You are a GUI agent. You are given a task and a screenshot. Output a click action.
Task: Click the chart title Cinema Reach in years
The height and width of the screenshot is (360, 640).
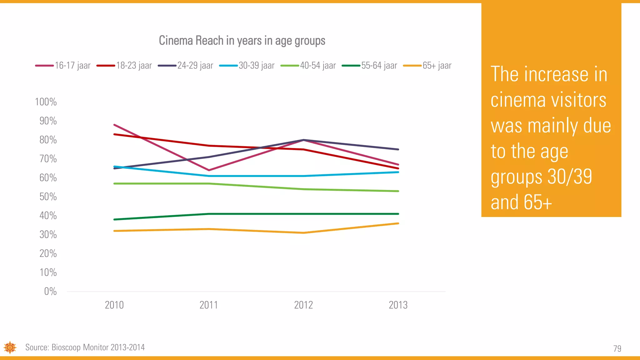pyautogui.click(x=242, y=41)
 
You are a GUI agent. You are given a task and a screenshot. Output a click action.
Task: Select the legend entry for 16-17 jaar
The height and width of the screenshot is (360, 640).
pyautogui.click(x=63, y=66)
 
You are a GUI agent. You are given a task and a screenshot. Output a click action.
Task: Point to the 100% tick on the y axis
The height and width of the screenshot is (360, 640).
pyautogui.click(x=46, y=102)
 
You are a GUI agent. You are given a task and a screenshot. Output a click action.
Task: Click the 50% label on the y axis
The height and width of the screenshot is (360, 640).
pyautogui.click(x=48, y=197)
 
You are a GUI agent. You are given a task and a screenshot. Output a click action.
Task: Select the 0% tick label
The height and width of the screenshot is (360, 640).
pyautogui.click(x=50, y=292)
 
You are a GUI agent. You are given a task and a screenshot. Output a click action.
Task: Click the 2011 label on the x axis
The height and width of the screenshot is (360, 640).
pyautogui.click(x=209, y=305)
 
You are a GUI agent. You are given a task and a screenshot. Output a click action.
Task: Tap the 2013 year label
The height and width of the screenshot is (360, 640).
pyautogui.click(x=398, y=305)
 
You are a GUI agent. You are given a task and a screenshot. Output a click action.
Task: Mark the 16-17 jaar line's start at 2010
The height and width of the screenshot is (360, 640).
pyautogui.click(x=114, y=125)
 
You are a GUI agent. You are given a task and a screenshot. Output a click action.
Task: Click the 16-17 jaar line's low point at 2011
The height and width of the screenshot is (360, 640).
pyautogui.click(x=209, y=170)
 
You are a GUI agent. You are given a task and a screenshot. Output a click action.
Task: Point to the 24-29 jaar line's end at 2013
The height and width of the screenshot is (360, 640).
pyautogui.click(x=398, y=149)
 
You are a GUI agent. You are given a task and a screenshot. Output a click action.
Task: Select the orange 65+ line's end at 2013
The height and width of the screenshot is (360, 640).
pyautogui.click(x=398, y=223)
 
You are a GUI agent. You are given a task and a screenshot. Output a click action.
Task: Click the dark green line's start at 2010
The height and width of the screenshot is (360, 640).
pyautogui.click(x=114, y=219)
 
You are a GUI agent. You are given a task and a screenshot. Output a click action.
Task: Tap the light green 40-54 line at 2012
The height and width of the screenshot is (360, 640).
pyautogui.click(x=303, y=189)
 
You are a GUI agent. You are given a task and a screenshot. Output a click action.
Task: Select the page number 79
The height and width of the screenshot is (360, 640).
pyautogui.click(x=617, y=348)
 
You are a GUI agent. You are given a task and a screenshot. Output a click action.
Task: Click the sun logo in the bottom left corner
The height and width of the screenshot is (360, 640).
pyautogui.click(x=10, y=347)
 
